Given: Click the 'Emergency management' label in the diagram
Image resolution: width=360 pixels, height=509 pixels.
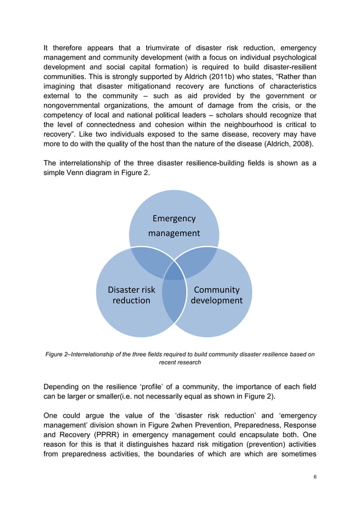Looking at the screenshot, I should (174, 226).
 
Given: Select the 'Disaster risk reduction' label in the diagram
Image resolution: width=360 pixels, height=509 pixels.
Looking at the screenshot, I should (131, 295).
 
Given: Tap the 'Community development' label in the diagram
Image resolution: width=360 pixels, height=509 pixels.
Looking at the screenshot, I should (217, 295).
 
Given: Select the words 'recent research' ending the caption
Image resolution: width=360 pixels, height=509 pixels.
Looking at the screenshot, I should (179, 362).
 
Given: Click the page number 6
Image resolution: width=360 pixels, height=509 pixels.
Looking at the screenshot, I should (314, 477).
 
